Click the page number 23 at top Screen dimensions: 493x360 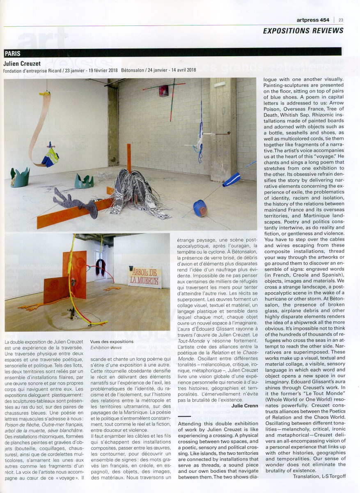pyautogui.click(x=341, y=19)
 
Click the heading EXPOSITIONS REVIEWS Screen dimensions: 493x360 pyautogui.click(x=303, y=31)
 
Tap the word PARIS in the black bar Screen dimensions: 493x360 pyautogui.click(x=13, y=53)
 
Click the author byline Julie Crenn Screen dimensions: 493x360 pyautogui.click(x=245, y=406)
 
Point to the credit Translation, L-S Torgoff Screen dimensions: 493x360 pyautogui.click(x=319, y=476)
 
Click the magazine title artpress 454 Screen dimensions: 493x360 pyautogui.click(x=314, y=19)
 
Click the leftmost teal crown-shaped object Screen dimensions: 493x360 pyautogui.click(x=19, y=177)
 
